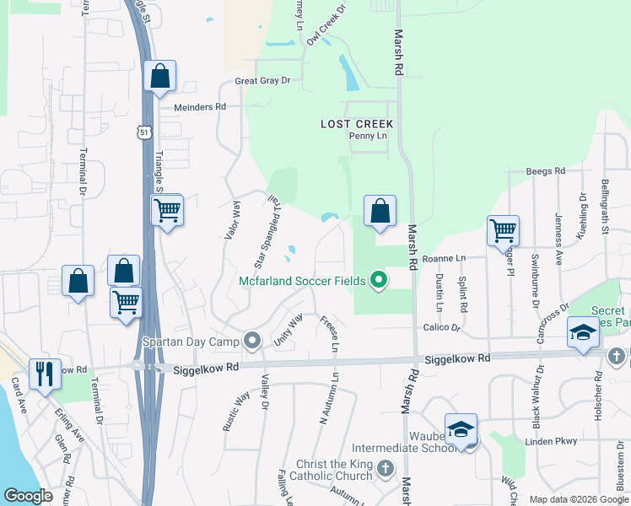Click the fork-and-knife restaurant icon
point(45,374)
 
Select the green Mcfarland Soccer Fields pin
point(379,281)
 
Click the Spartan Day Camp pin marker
point(251,341)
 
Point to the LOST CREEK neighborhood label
point(357,124)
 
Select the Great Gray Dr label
point(262,81)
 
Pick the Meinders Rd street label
point(200,107)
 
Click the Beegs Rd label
point(545,171)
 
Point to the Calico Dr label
point(443,327)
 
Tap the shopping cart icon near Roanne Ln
point(503,229)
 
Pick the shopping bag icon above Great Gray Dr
point(159,76)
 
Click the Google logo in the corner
point(28,496)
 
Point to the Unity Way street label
point(289,331)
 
